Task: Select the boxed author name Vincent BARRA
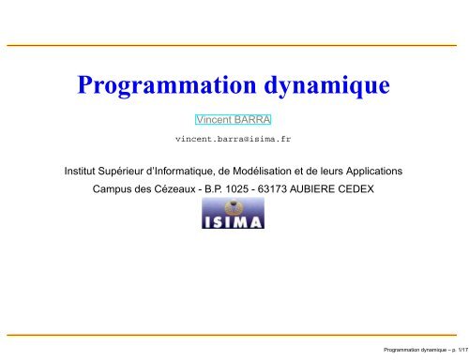[232, 120]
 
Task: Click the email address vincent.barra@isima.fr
[233, 138]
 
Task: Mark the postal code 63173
[293, 189]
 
